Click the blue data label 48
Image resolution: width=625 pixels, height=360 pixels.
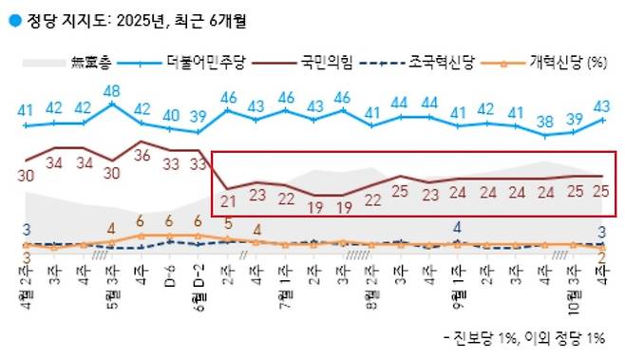click(x=113, y=91)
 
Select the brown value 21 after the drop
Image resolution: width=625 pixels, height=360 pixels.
click(x=228, y=201)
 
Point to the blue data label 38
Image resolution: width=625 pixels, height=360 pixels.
click(x=544, y=121)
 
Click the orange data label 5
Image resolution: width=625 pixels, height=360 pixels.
click(x=228, y=224)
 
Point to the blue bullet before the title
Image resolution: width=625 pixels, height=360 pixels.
click(x=11, y=17)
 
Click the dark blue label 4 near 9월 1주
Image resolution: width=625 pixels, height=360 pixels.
click(x=458, y=228)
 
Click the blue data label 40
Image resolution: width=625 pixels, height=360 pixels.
click(x=170, y=116)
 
